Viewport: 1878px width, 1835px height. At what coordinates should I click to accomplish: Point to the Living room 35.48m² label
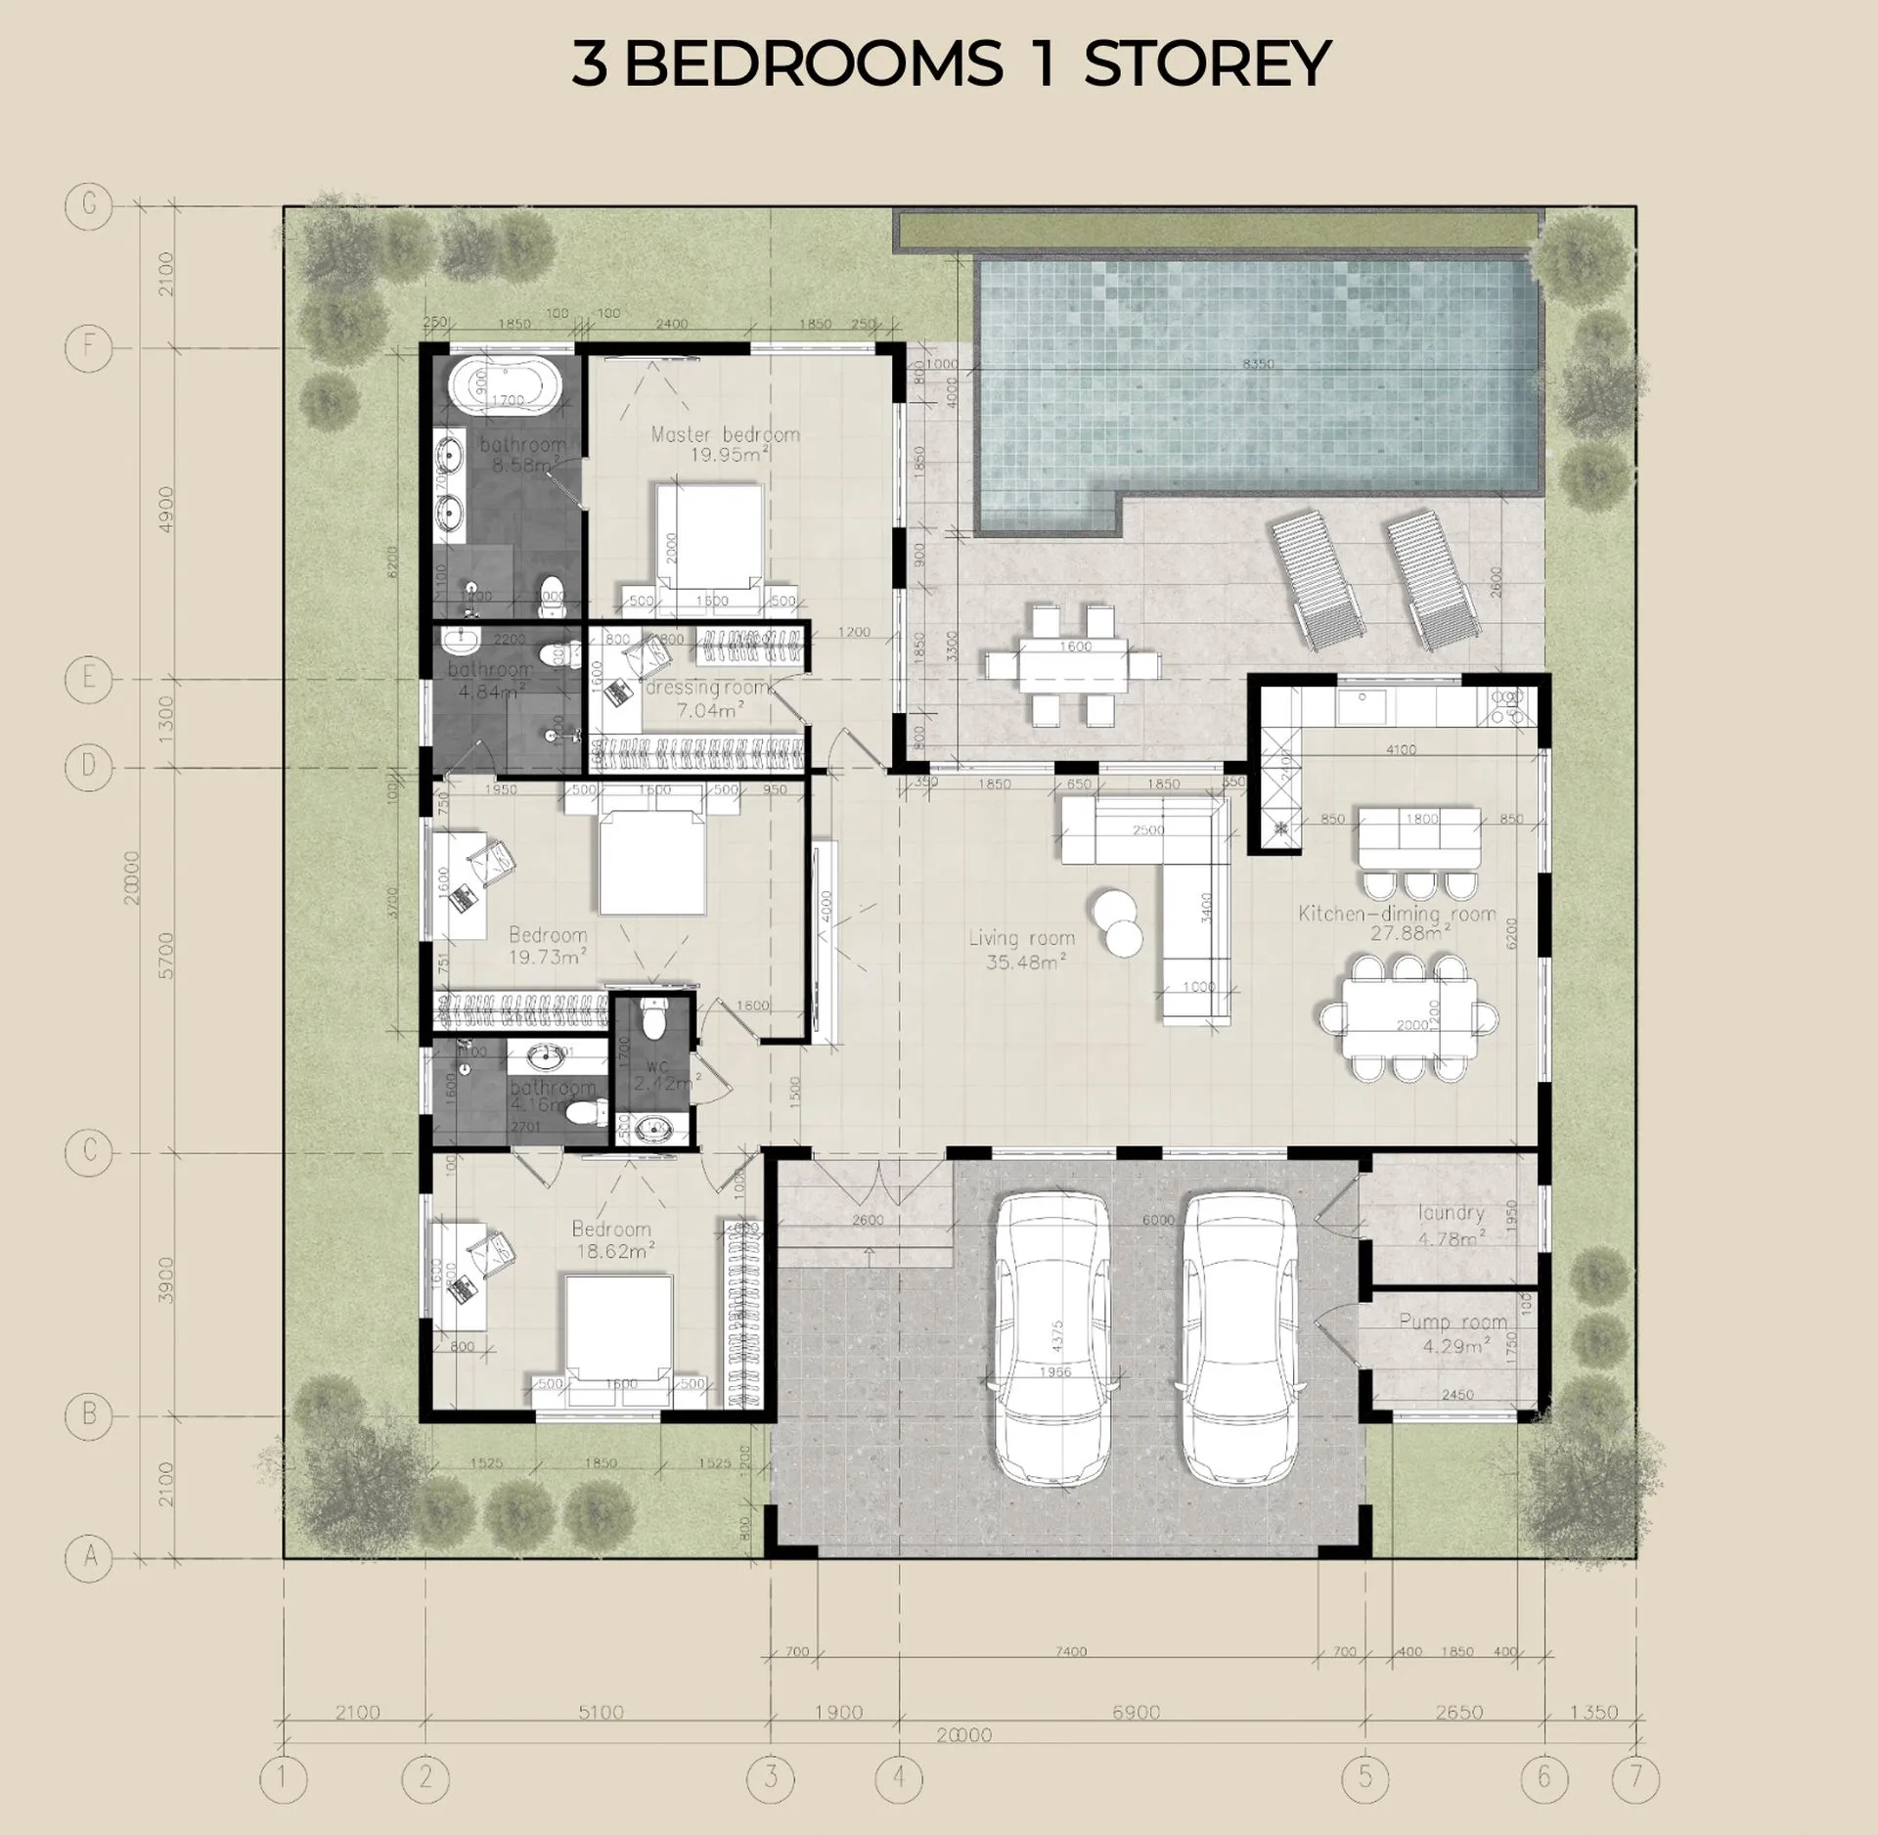(1021, 949)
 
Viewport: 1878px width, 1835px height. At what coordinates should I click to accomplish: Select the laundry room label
(1451, 1224)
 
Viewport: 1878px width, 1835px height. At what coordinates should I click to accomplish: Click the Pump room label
(1453, 1332)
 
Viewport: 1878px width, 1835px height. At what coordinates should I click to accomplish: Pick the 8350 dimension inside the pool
(1258, 364)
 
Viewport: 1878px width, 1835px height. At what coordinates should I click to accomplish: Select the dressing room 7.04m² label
(708, 698)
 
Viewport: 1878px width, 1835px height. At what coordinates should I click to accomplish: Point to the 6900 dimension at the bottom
(1136, 1712)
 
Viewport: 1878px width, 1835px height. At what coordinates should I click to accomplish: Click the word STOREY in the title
(1206, 64)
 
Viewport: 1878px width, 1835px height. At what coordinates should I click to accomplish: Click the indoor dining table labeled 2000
(1409, 1018)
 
